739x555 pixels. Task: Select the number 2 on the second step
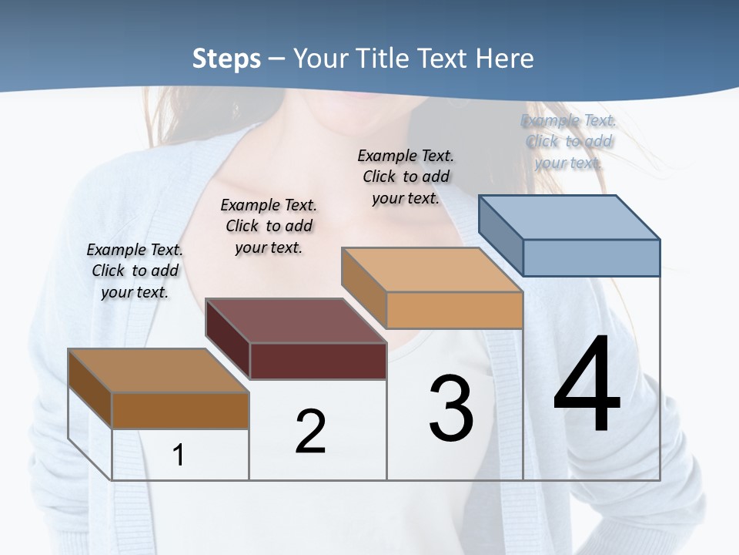coord(310,431)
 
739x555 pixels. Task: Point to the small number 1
coord(179,455)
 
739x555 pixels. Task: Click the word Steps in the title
coord(226,59)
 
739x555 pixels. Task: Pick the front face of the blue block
coord(591,257)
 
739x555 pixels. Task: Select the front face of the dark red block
coord(318,361)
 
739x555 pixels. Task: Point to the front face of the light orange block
coord(454,310)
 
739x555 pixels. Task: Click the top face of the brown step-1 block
coord(159,371)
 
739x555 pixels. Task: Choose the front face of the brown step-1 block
coord(180,410)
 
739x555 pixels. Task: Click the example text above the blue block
coord(569,141)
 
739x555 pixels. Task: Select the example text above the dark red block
coord(269,226)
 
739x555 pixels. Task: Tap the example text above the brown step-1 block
coord(135,271)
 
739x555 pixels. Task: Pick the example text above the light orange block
coord(406,177)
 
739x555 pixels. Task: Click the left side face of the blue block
coord(500,236)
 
